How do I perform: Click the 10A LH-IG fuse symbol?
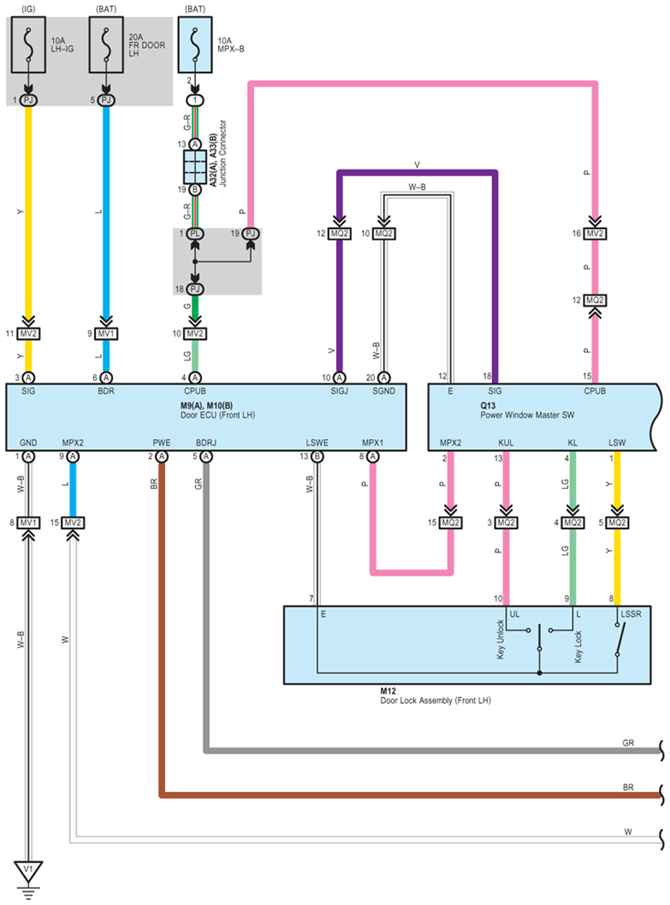pyautogui.click(x=28, y=45)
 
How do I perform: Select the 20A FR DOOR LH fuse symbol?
pyautogui.click(x=106, y=45)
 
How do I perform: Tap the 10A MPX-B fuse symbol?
pyautogui.click(x=195, y=45)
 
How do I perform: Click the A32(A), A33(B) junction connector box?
pyautogui.click(x=195, y=167)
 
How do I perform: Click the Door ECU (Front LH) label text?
pyautogui.click(x=217, y=415)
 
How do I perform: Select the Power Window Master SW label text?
pyautogui.click(x=527, y=415)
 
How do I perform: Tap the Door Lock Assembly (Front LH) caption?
pyautogui.click(x=435, y=700)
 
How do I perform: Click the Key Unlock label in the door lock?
pyautogui.click(x=500, y=639)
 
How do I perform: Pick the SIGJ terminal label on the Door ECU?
pyautogui.click(x=339, y=391)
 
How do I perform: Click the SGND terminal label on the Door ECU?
pyautogui.click(x=384, y=391)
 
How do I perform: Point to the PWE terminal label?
pyautogui.click(x=161, y=443)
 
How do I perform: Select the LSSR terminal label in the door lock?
pyautogui.click(x=631, y=614)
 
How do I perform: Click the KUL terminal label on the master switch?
pyautogui.click(x=506, y=443)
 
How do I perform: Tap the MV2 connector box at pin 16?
pyautogui.click(x=594, y=234)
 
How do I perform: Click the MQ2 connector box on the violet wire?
pyautogui.click(x=339, y=234)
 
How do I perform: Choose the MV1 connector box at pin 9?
pyautogui.click(x=106, y=334)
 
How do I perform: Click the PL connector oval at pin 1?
pyautogui.click(x=195, y=234)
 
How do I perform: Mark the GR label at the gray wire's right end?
pyautogui.click(x=628, y=743)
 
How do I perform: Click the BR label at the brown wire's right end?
pyautogui.click(x=628, y=787)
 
